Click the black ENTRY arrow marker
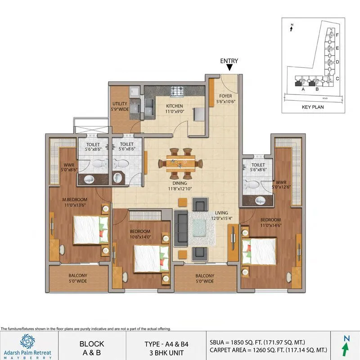[x=229, y=68]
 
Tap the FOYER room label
[x=225, y=99]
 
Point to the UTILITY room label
[x=120, y=106]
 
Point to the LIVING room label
[x=221, y=213]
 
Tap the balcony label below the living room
[x=205, y=279]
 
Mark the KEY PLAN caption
[x=312, y=108]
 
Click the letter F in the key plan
[x=337, y=35]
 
